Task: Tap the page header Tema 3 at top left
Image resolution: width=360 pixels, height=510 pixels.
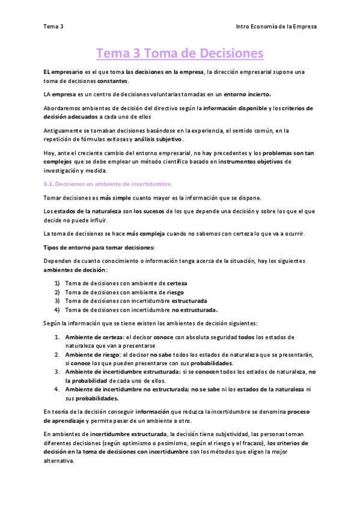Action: click(53, 26)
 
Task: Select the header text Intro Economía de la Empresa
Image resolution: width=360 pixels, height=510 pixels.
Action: click(276, 26)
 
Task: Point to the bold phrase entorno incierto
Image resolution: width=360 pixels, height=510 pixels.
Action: click(248, 94)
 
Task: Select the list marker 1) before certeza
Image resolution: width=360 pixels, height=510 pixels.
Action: click(57, 282)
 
